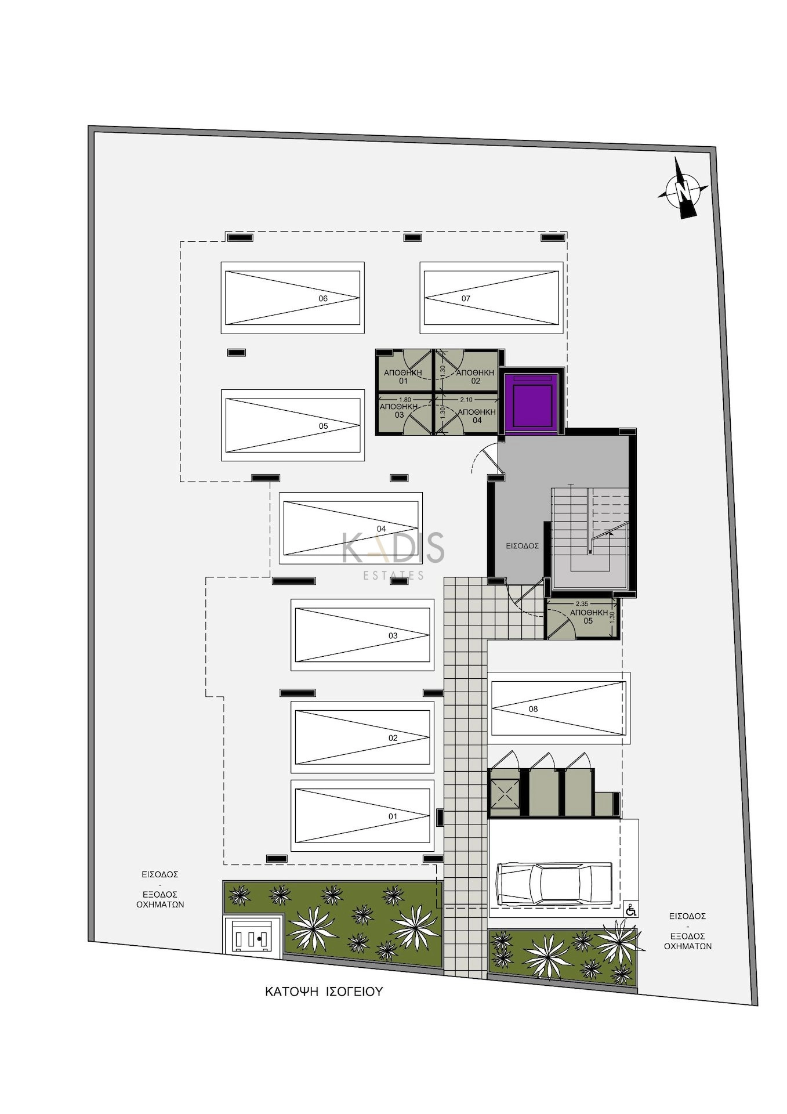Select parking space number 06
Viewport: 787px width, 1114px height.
tap(292, 298)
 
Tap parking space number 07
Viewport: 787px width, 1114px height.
tap(491, 298)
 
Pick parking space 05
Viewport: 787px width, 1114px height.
tap(292, 425)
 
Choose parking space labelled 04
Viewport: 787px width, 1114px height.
tap(350, 528)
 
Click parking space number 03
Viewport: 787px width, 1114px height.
tap(362, 635)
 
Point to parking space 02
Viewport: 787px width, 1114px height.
tap(362, 737)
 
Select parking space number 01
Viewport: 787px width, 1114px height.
tap(362, 816)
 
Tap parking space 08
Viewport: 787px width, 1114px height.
tap(558, 708)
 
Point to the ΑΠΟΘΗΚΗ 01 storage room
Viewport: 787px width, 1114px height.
tap(404, 371)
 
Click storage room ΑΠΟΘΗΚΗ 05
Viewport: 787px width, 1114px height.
tap(582, 619)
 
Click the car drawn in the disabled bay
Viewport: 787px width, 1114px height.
tap(554, 884)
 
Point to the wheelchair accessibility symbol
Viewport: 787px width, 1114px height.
tap(631, 910)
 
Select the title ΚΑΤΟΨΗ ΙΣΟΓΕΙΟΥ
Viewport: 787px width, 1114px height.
tap(324, 991)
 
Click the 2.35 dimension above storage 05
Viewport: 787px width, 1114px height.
tap(582, 603)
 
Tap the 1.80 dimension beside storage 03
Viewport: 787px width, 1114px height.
tap(405, 400)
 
